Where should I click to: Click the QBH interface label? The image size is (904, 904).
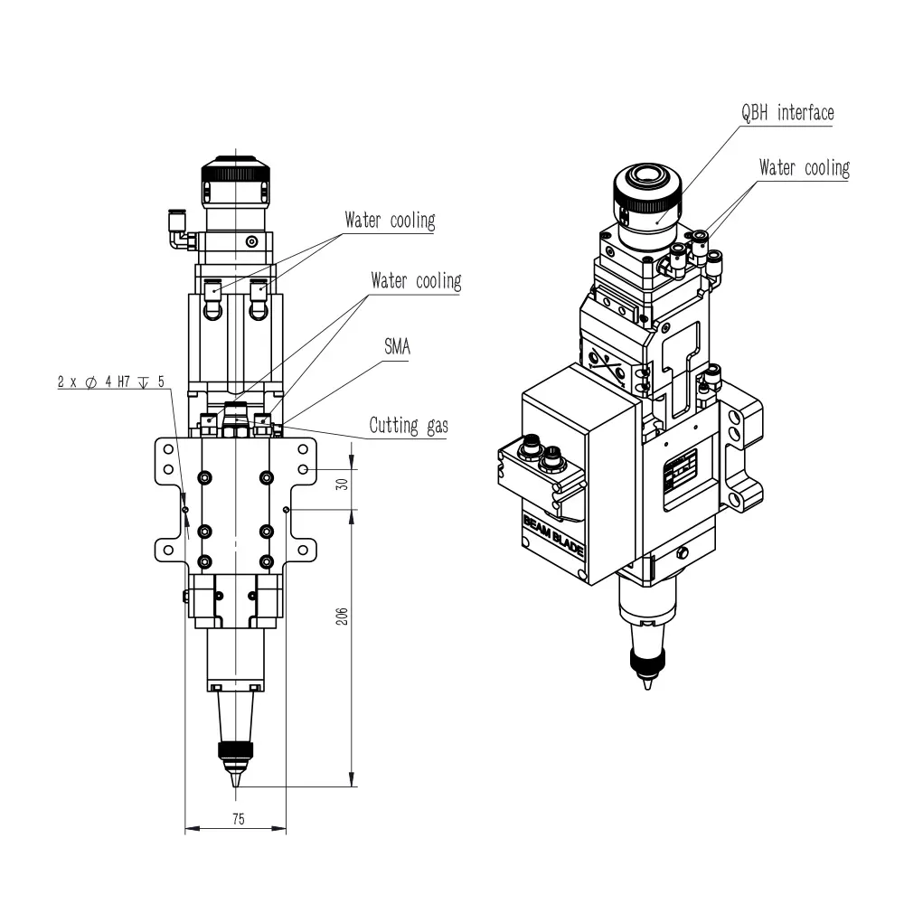click(x=787, y=112)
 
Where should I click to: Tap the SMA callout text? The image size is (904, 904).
click(x=397, y=346)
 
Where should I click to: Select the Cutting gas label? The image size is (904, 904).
click(x=409, y=426)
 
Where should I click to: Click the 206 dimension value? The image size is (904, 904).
click(x=342, y=616)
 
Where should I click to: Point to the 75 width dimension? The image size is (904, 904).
click(x=239, y=819)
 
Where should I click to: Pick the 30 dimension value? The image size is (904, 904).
click(x=342, y=484)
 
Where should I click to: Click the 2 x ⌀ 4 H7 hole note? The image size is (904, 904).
click(x=110, y=381)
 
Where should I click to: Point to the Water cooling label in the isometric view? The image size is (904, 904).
click(x=805, y=168)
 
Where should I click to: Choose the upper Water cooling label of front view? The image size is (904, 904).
click(x=390, y=221)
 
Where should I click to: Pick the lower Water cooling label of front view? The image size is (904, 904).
click(x=416, y=281)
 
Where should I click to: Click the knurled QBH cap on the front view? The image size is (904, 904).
click(x=235, y=183)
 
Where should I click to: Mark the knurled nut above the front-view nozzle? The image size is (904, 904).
click(x=235, y=750)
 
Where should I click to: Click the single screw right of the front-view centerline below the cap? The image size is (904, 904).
click(x=251, y=241)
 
